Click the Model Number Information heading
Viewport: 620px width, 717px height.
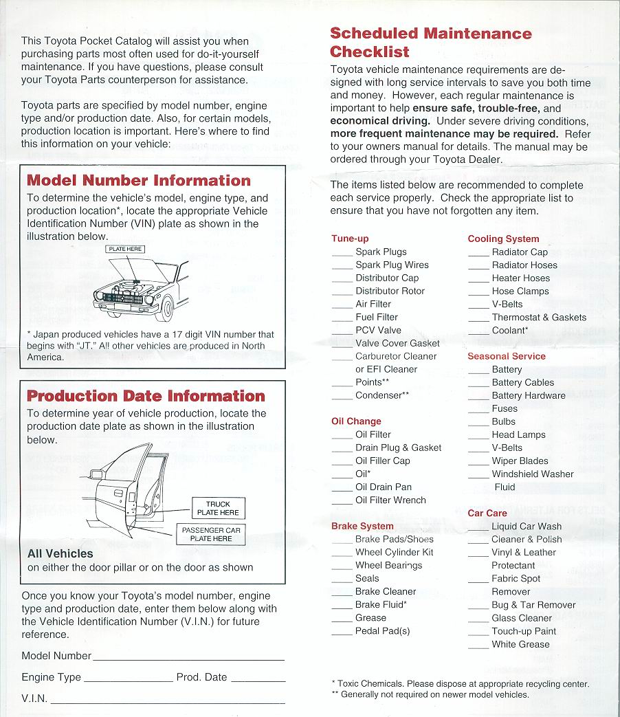point(138,181)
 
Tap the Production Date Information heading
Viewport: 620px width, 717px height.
point(146,396)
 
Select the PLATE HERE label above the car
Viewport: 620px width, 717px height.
point(125,250)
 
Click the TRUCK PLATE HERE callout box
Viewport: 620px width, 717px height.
point(218,508)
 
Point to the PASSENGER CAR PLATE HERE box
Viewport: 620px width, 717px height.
point(211,534)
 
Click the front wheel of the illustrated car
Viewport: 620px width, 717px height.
point(164,309)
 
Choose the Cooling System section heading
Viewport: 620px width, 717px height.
point(503,239)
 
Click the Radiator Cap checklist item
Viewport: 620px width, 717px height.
point(520,252)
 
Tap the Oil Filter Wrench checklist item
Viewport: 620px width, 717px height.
point(390,500)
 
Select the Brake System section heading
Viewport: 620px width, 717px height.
point(362,526)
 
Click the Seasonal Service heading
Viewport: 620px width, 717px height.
point(507,356)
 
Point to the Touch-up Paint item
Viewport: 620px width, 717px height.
point(524,631)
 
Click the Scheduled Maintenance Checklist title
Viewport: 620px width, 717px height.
point(430,42)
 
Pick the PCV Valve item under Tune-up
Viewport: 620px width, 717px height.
point(378,330)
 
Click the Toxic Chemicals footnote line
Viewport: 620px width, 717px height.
point(460,684)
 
